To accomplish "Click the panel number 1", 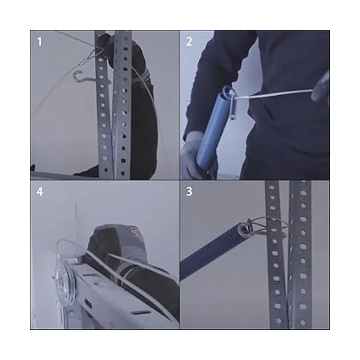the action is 40,42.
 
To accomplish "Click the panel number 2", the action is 189,42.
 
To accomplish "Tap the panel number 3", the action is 189,192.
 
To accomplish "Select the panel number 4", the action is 40,192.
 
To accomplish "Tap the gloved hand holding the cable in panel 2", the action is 320,88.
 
